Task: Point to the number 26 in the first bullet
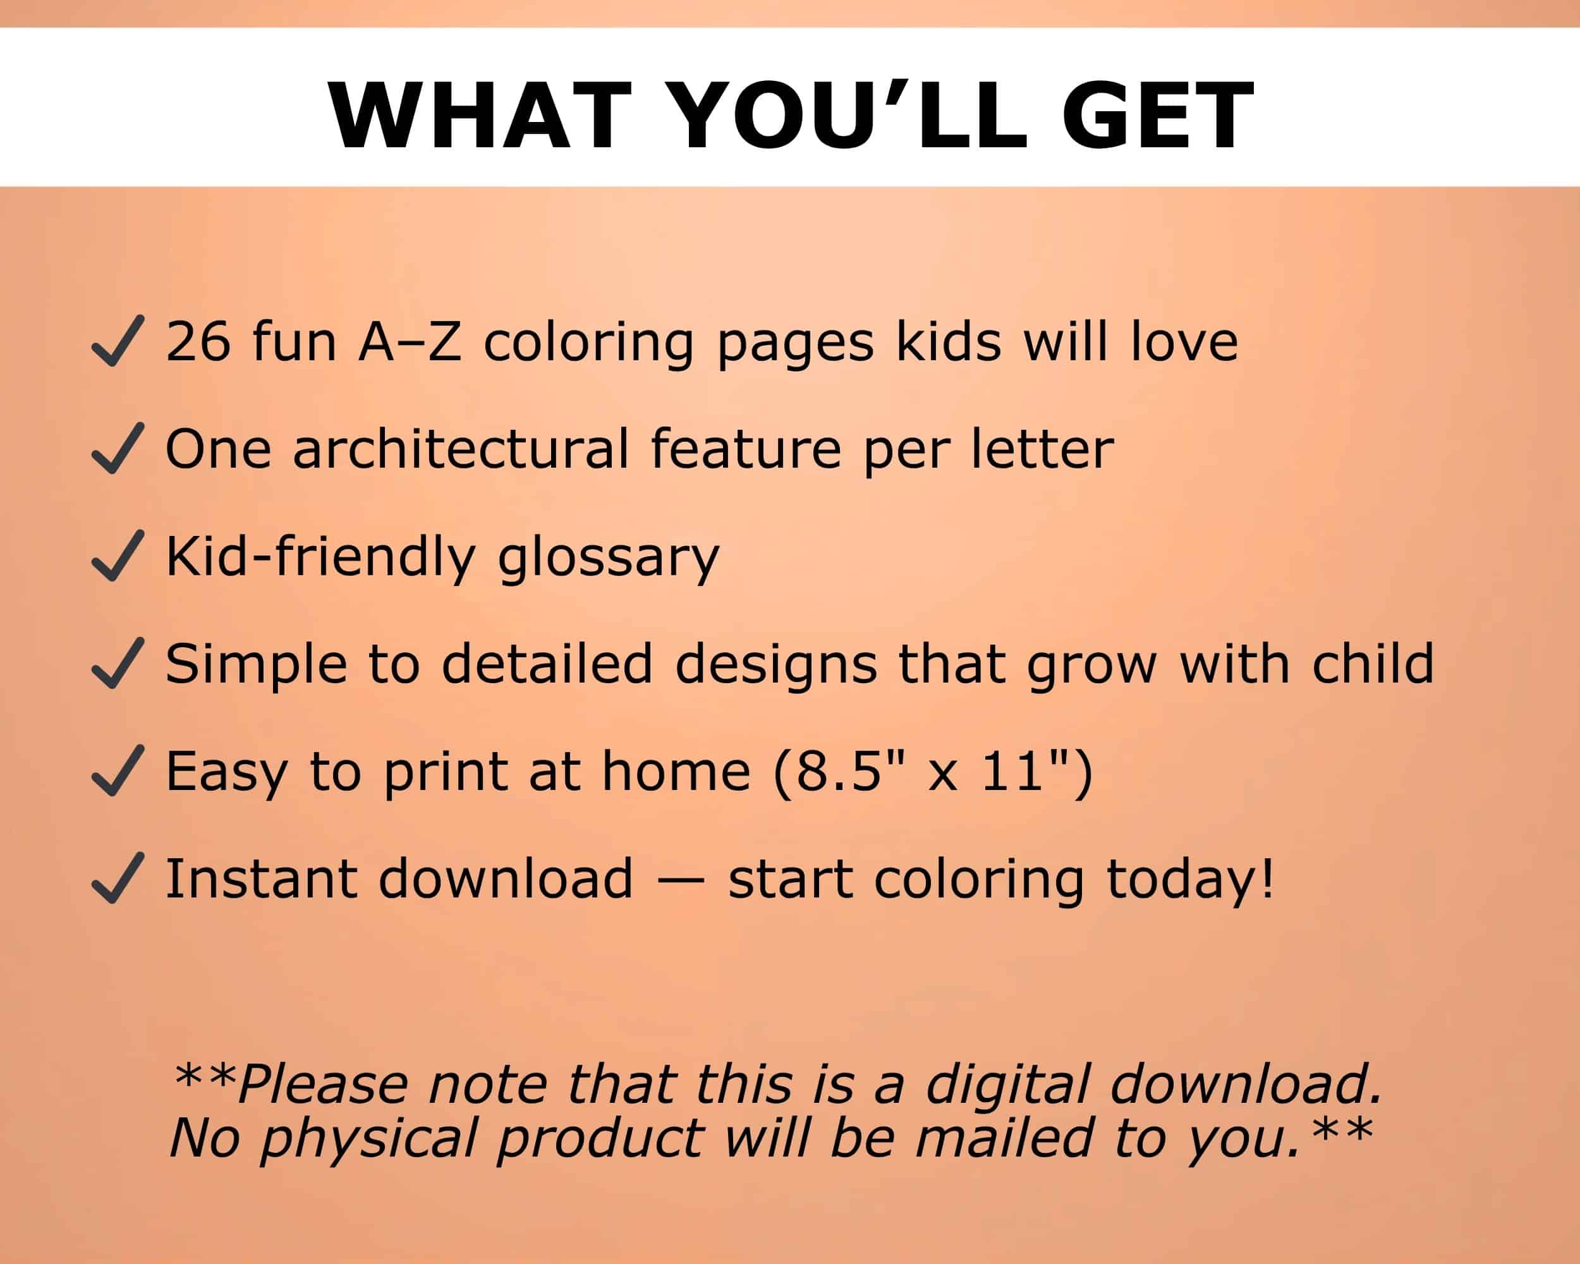(x=198, y=341)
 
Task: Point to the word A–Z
(x=410, y=341)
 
